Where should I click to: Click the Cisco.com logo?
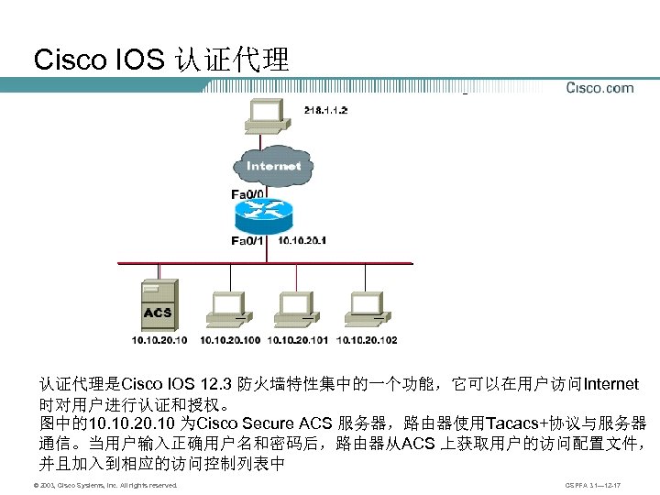[599, 88]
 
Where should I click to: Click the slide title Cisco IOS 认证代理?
[161, 60]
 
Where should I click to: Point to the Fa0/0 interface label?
[247, 194]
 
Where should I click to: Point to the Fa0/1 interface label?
[247, 241]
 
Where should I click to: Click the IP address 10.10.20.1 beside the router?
[302, 241]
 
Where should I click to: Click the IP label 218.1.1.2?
[325, 109]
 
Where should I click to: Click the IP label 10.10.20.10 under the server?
[159, 340]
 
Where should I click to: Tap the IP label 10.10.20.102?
[367, 340]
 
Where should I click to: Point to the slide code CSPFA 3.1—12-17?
[593, 484]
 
